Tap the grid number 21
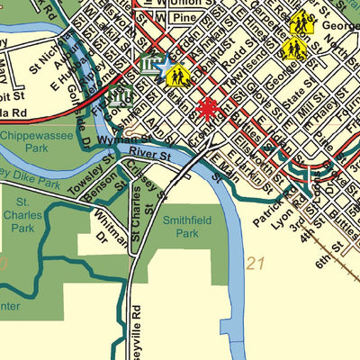pos(256,264)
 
